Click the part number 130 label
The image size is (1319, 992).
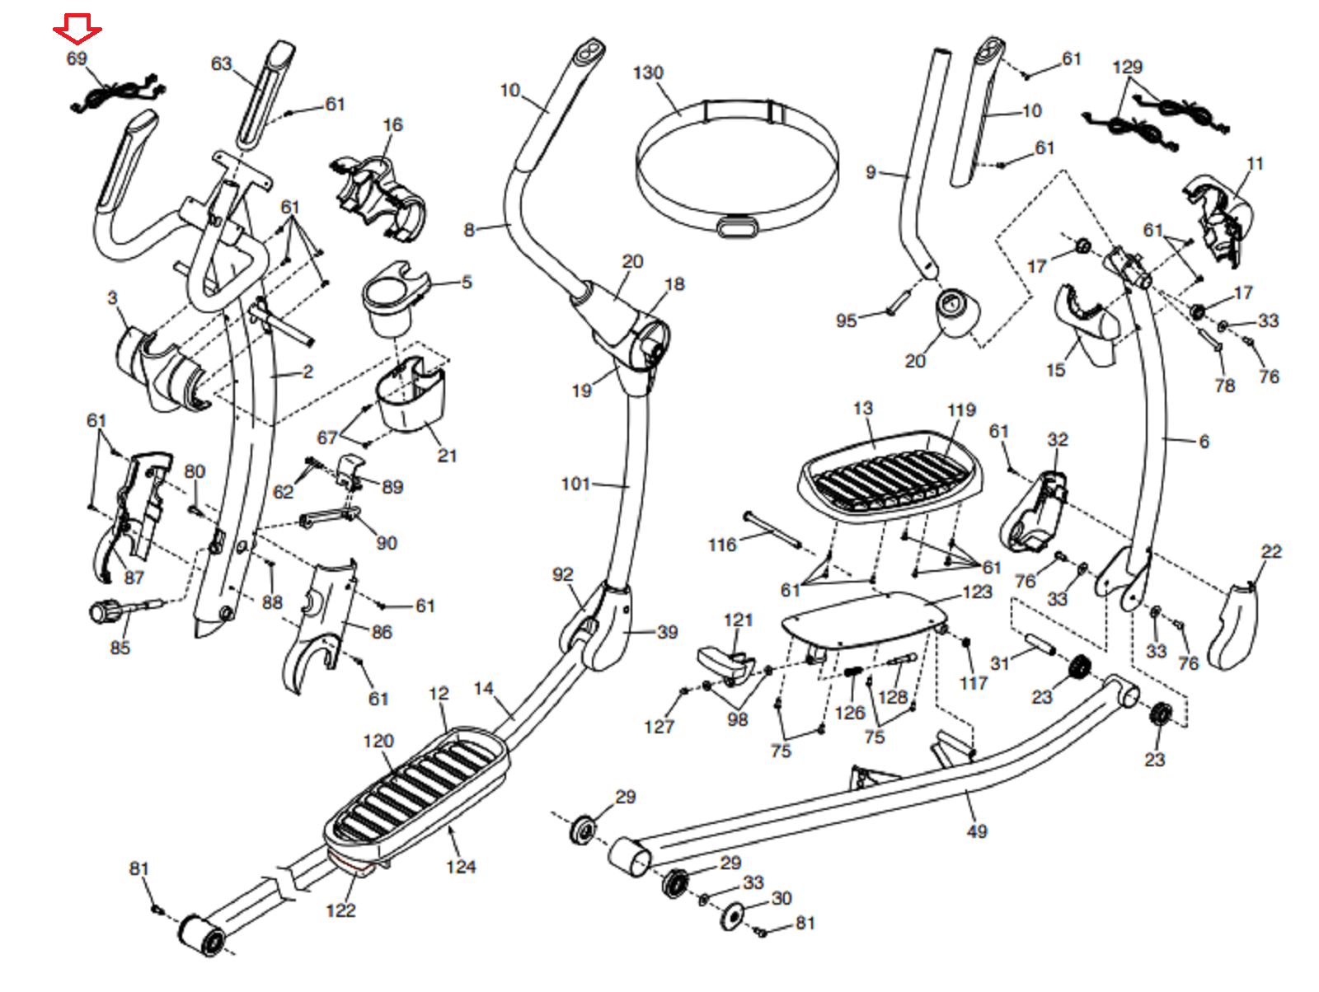(648, 73)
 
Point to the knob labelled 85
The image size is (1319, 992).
(105, 611)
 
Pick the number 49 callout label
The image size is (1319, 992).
(977, 831)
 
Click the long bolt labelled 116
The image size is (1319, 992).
(772, 528)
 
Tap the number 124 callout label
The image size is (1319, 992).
(461, 867)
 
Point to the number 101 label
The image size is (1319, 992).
(575, 484)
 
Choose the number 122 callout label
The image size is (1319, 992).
(340, 910)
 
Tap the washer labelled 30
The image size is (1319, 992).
(731, 915)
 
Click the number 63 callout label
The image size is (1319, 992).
(222, 63)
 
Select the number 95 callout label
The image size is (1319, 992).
(847, 321)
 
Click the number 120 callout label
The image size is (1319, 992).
(378, 741)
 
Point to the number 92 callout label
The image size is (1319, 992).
(563, 574)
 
